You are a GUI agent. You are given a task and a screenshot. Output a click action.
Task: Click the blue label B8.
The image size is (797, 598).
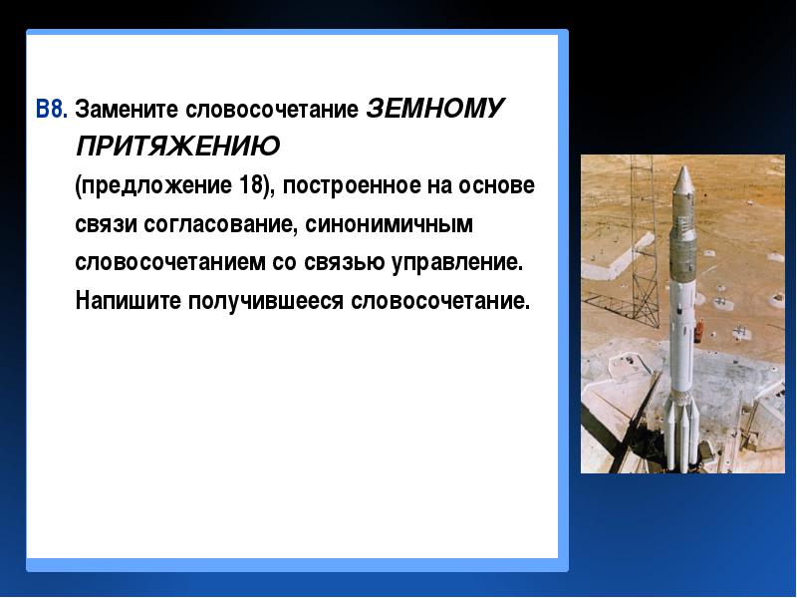[52, 109]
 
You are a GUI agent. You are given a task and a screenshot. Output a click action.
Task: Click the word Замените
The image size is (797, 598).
[127, 109]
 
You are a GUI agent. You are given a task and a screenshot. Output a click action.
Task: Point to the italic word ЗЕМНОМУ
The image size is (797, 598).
[435, 108]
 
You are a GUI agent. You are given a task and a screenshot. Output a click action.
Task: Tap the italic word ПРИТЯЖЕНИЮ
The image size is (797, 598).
[178, 146]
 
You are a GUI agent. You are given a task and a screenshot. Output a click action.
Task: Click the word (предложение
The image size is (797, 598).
[153, 186]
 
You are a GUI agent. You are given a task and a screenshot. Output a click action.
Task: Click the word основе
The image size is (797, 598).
[496, 185]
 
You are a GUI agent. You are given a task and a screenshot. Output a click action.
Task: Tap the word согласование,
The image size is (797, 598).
[220, 224]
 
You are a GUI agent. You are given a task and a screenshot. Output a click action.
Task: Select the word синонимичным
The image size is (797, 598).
[389, 224]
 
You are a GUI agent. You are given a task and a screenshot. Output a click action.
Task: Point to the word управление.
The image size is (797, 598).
[456, 263]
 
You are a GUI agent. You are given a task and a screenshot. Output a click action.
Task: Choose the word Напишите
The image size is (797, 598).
[129, 301]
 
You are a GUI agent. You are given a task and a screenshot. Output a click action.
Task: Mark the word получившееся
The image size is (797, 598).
[266, 301]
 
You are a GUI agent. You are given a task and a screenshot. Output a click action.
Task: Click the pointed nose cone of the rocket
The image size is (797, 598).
[683, 180]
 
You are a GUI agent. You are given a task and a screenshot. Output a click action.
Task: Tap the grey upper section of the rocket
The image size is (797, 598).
[682, 239]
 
